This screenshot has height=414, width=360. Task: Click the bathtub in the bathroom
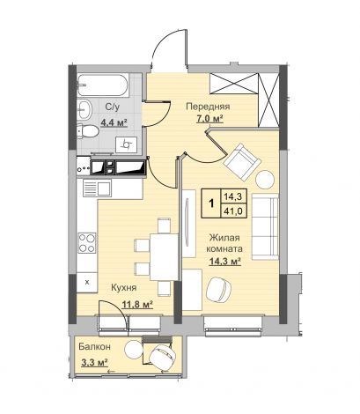click(103, 85)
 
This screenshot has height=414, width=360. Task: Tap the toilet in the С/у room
click(87, 131)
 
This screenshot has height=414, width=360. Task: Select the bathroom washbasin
click(84, 109)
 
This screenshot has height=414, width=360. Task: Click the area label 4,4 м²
click(114, 122)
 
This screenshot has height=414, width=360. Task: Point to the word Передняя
click(208, 107)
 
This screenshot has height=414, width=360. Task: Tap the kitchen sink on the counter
click(97, 188)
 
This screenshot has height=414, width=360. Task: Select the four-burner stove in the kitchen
click(87, 242)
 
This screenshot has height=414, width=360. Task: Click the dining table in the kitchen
click(165, 256)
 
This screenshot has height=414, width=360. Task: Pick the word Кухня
click(124, 288)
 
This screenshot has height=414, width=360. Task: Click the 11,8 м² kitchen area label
click(137, 305)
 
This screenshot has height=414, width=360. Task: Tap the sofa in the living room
click(265, 226)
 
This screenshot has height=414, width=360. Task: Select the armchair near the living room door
click(242, 161)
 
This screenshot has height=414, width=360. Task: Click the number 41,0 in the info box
click(233, 211)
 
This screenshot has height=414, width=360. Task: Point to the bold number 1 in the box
click(210, 203)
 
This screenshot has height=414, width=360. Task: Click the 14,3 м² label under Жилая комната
click(225, 262)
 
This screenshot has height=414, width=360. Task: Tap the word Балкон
click(94, 347)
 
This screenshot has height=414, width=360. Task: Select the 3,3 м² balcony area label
click(94, 363)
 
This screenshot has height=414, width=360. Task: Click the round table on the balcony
click(133, 349)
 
